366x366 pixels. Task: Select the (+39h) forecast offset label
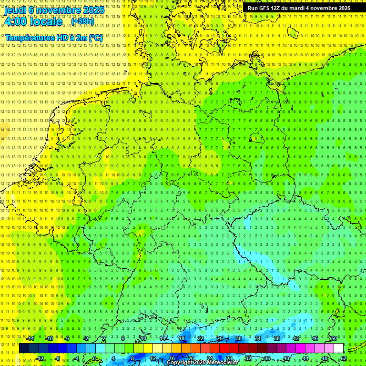tap(82, 21)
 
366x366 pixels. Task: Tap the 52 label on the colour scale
tap(344, 358)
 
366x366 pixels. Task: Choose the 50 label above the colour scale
tap(334, 338)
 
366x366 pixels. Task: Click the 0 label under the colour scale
tap(94, 358)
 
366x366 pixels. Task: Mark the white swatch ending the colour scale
tap(338, 348)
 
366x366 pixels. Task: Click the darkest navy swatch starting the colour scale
tap(24, 348)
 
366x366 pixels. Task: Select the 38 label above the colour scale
tap(277, 338)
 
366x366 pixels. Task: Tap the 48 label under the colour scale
tap(325, 358)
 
